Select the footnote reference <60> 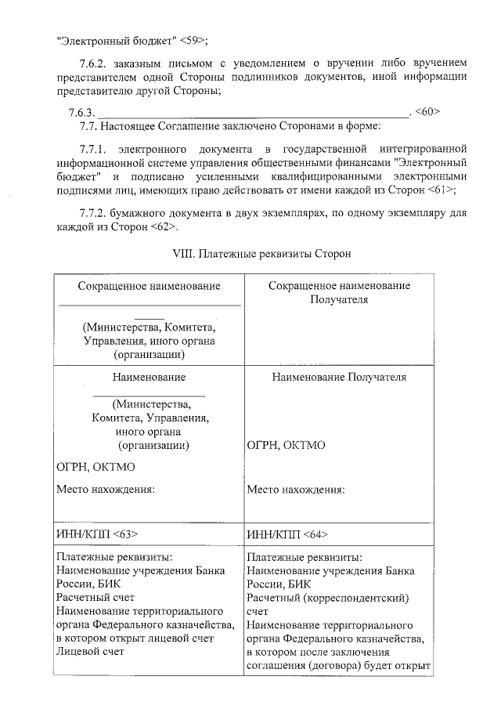pyautogui.click(x=427, y=111)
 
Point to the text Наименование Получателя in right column pyautogui.click(x=339, y=377)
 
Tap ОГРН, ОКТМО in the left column pyautogui.click(x=96, y=467)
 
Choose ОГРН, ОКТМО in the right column pyautogui.click(x=286, y=445)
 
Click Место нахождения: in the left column pyautogui.click(x=106, y=490)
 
